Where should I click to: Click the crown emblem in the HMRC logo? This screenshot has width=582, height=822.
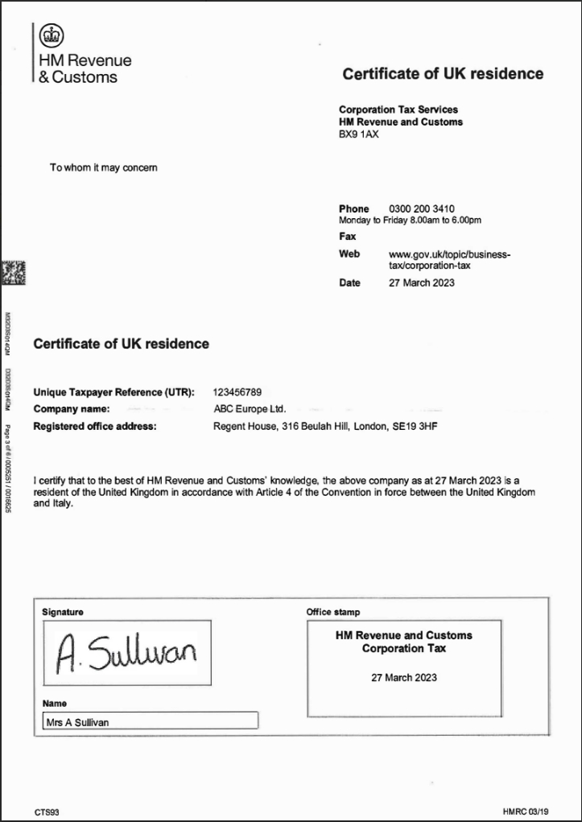52,36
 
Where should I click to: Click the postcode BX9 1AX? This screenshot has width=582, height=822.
358,134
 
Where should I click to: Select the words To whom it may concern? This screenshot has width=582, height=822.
103,167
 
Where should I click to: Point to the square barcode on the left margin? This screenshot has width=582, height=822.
14,273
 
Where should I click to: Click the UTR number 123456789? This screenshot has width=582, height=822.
237,392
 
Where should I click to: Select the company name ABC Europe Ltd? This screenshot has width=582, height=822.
250,409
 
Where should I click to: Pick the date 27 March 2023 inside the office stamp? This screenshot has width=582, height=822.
404,677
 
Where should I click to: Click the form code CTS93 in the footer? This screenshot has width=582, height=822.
47,812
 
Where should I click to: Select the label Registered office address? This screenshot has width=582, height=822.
94,426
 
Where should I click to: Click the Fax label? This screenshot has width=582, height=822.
347,237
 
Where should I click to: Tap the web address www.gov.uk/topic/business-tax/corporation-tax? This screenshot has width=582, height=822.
449,259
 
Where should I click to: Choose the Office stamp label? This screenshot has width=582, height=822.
333,612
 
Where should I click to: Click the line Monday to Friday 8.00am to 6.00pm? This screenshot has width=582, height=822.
410,220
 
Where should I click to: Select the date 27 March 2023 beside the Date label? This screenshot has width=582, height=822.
421,283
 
